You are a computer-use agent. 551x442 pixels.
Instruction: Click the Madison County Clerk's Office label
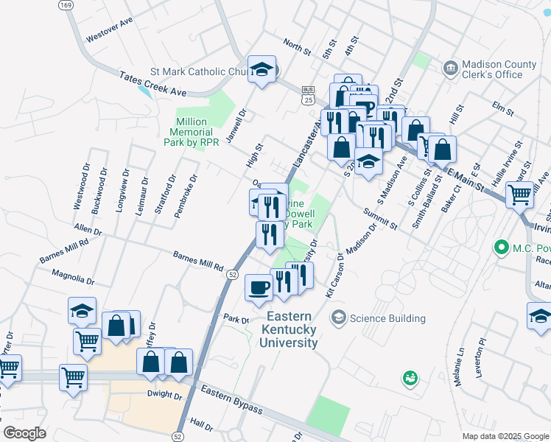(491, 68)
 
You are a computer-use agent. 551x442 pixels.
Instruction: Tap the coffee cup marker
(258, 287)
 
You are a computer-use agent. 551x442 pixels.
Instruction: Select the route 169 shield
(66, 4)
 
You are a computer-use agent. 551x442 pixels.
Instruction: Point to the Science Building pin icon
(339, 318)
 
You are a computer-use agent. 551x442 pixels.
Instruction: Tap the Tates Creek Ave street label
(154, 83)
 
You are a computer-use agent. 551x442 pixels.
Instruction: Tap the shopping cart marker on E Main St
(519, 194)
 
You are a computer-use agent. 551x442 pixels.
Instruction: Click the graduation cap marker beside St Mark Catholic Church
(262, 69)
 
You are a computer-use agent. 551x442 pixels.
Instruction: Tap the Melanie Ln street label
(460, 363)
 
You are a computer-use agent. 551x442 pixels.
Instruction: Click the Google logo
(24, 433)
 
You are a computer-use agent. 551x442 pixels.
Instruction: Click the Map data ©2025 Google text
(505, 436)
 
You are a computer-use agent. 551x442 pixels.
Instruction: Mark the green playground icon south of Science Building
(410, 379)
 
